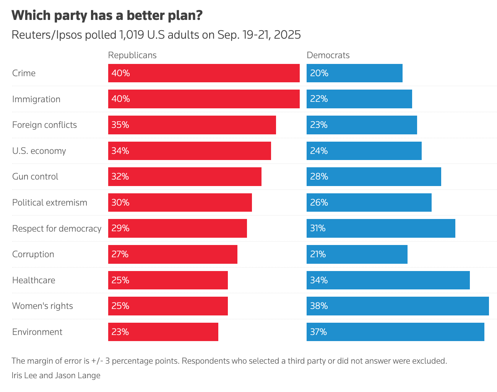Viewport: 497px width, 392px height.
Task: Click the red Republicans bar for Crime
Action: pos(204,73)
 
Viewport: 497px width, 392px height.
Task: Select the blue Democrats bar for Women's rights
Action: pos(398,306)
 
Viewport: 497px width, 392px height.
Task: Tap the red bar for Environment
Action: pos(163,332)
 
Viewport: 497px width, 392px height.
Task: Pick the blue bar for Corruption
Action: pos(357,254)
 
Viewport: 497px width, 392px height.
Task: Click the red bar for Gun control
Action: pos(185,176)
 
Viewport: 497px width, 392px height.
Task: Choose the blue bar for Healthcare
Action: pos(388,280)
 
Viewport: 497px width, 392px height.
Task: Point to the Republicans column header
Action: pos(132,55)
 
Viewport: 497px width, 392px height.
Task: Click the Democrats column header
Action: pos(328,55)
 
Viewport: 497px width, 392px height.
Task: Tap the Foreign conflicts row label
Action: pos(44,125)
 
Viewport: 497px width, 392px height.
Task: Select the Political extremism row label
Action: pos(50,203)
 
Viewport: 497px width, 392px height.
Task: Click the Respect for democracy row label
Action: pos(57,229)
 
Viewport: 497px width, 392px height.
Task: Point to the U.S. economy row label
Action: pos(39,151)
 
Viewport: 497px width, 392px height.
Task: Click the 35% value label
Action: pos(120,125)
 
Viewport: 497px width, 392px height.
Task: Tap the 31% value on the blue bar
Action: pos(318,229)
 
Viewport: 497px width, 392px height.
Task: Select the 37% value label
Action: pos(318,332)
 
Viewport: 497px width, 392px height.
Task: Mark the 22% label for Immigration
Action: pos(319,99)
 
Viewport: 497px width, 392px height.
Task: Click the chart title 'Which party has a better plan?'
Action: pos(107,16)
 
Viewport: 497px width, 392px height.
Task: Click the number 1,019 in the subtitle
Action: pos(132,35)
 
